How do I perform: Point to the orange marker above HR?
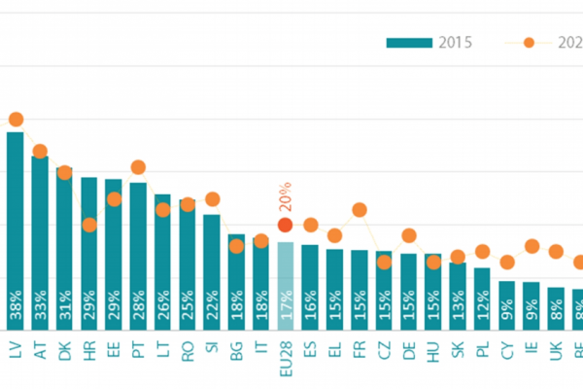tap(89, 225)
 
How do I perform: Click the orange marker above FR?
tap(360, 209)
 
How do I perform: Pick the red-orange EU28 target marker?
tap(285, 225)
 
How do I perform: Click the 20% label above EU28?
tap(285, 195)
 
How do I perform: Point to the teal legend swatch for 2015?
tap(408, 43)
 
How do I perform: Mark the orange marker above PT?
tap(138, 167)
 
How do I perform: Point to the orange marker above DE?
tap(409, 235)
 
